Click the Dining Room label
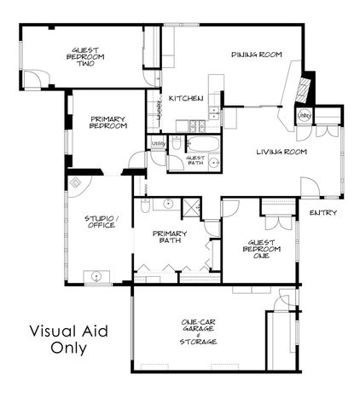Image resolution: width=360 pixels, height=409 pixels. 256,55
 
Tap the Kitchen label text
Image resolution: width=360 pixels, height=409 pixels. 185,99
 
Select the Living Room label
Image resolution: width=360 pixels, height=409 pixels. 282,153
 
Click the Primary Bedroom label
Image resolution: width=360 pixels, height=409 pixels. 108,123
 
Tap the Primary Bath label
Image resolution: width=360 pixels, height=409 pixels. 169,238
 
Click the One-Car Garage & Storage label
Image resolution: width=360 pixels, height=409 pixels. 198,331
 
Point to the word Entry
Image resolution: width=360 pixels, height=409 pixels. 323,212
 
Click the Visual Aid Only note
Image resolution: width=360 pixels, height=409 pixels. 68,338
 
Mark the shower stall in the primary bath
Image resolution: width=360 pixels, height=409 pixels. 191,207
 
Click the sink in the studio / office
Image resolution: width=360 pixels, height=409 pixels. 96,276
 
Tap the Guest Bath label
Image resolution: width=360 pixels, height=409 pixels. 195,160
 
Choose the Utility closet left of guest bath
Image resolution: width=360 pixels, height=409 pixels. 158,145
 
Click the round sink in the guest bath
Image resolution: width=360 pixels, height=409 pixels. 213,161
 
